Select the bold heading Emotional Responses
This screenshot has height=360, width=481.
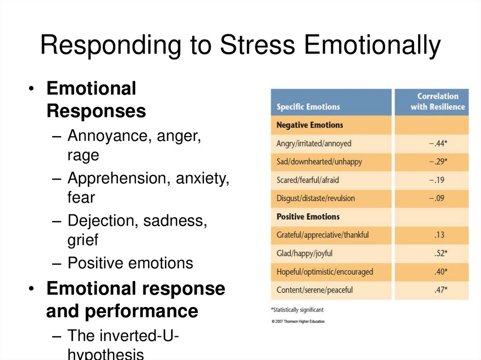click(96, 100)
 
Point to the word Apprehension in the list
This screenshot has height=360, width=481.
click(119, 178)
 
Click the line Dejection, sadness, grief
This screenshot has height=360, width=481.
click(137, 230)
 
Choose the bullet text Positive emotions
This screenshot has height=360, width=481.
click(130, 263)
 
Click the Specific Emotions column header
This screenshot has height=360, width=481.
click(308, 107)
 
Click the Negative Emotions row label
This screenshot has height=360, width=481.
click(310, 125)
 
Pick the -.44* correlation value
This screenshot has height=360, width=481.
click(438, 144)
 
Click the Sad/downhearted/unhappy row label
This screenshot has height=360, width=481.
click(319, 162)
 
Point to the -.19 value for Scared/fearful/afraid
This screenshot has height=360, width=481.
click(436, 180)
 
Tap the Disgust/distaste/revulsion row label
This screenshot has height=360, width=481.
click(316, 198)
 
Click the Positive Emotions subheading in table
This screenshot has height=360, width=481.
click(308, 217)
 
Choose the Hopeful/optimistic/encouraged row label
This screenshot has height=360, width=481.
click(325, 272)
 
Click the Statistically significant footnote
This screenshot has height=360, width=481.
click(297, 310)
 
